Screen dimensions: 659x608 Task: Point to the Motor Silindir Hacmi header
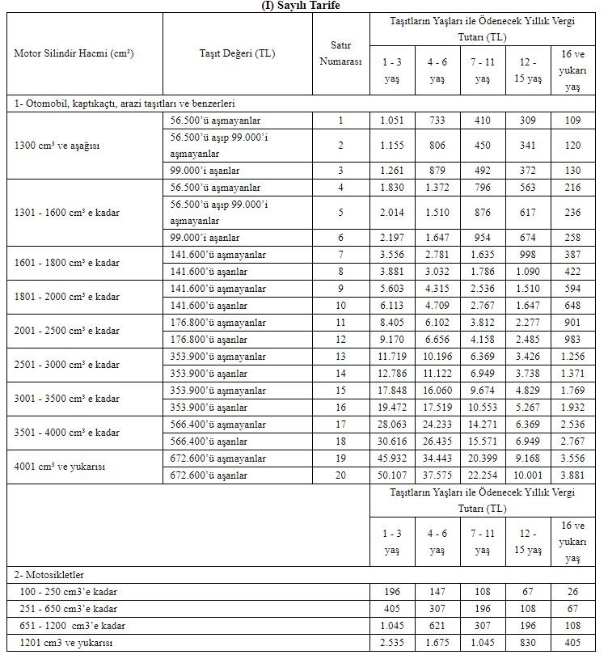74,53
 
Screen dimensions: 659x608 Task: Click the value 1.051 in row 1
392,120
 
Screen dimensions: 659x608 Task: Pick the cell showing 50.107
392,475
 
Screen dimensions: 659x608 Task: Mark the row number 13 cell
340,357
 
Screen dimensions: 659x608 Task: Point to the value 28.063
392,425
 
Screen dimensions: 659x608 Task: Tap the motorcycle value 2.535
392,643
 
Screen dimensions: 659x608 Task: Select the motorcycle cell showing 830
529,643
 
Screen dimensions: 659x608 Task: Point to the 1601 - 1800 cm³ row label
66,263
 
